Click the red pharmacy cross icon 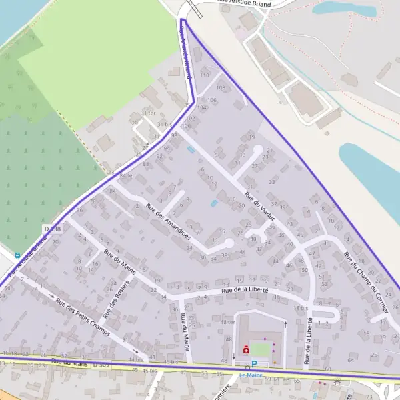tap(246, 349)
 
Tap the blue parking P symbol tap(253, 364)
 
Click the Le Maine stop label tap(251, 375)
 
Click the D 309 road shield tap(101, 365)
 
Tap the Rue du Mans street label tap(71, 363)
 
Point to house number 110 tap(205, 75)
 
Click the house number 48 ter tap(228, 322)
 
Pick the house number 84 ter tap(127, 175)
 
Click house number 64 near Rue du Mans tap(351, 360)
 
